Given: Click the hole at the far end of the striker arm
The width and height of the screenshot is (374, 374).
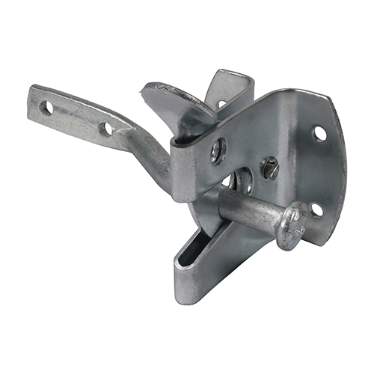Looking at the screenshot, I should [x=47, y=108].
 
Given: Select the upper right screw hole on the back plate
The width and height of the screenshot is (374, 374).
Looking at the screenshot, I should [x=319, y=133].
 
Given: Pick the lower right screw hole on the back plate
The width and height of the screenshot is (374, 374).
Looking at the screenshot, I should [x=316, y=210].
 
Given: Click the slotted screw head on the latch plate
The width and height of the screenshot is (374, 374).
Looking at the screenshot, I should [x=270, y=169].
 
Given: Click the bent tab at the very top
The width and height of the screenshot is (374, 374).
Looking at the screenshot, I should [x=232, y=82].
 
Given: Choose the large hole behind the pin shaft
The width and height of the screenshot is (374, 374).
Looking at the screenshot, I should [x=241, y=182].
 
